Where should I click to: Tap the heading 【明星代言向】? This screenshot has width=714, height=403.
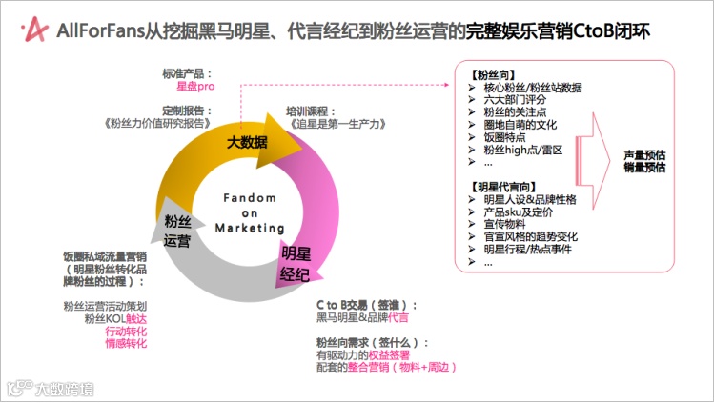coord(504,186)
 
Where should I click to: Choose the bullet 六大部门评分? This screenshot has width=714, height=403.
coord(515,99)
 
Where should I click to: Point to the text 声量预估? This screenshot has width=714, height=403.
coord(644,154)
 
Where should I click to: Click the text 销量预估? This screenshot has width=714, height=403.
coord(644,168)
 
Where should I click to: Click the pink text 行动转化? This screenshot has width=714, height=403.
coord(126,331)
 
